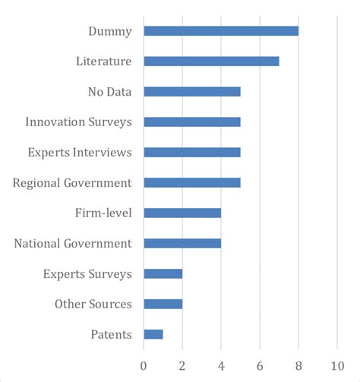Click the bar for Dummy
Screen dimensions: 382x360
(221, 31)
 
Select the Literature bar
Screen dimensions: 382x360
(211, 62)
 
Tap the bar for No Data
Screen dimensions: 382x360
(192, 92)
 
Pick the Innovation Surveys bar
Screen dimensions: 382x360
(192, 122)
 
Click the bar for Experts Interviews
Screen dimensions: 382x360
(192, 152)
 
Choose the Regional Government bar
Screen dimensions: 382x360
(192, 182)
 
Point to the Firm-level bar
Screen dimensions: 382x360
(182, 213)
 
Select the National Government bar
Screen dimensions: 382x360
(182, 243)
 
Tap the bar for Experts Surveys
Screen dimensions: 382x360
(163, 273)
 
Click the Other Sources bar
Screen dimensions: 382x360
(163, 304)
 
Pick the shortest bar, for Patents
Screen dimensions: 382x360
(153, 334)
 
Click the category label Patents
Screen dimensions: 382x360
(112, 334)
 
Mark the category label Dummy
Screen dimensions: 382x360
(110, 31)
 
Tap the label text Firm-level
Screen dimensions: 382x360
(104, 213)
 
